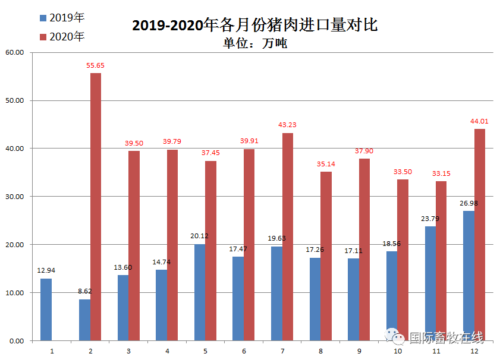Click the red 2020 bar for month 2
click(96, 207)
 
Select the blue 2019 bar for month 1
click(46, 310)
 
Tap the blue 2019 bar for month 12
click(468, 276)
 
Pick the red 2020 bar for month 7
click(288, 236)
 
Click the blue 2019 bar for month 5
click(200, 292)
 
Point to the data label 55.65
click(96, 65)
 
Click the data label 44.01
click(479, 121)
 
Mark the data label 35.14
click(326, 164)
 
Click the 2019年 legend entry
click(62, 18)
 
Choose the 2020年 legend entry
click(62, 37)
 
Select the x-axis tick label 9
click(359, 351)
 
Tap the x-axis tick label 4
click(167, 351)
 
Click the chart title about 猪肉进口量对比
click(254, 26)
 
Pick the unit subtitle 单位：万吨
click(254, 43)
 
